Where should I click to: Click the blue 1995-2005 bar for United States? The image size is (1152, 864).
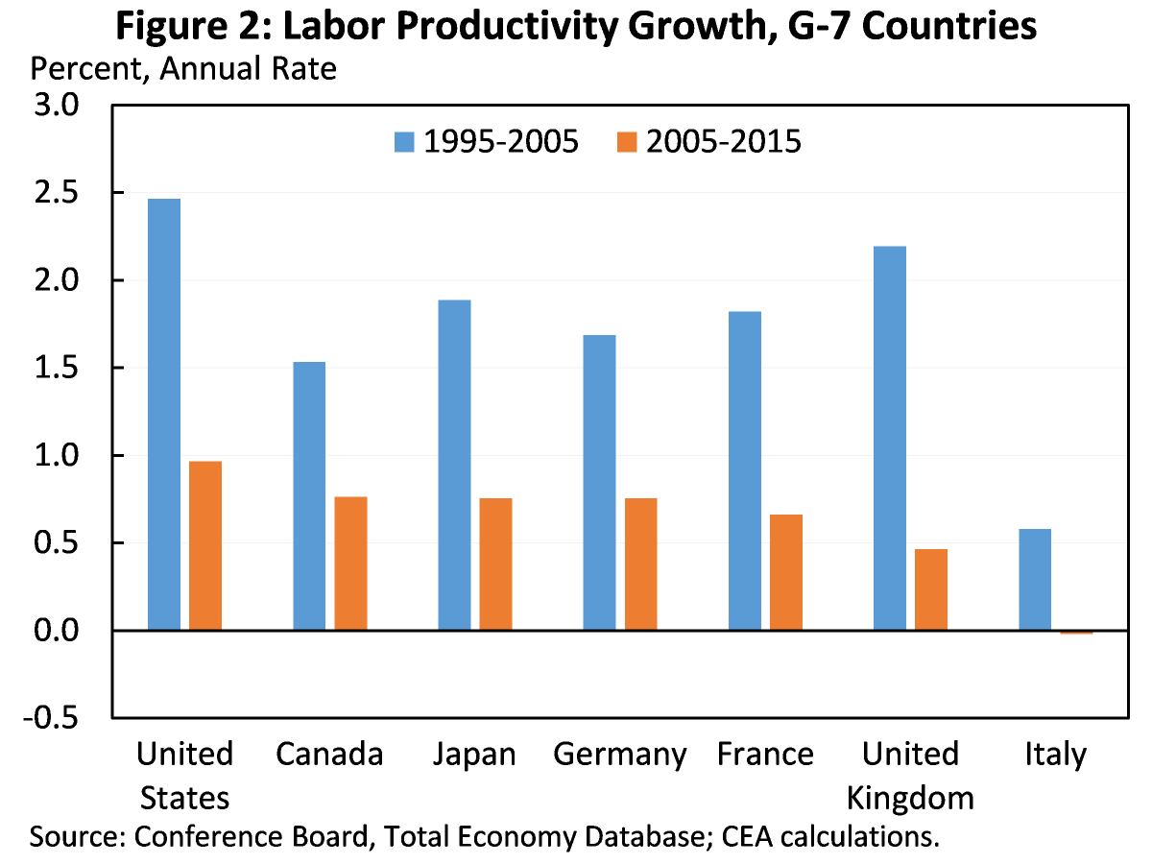pos(164,414)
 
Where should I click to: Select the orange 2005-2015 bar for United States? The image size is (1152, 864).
pos(205,545)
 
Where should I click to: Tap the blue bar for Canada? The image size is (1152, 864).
pos(309,495)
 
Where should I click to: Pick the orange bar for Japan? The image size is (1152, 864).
pos(495,564)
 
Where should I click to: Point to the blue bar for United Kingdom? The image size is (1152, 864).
pos(890,438)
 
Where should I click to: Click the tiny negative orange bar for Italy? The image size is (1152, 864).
pos(1076,633)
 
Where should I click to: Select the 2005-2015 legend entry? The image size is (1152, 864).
pos(708,142)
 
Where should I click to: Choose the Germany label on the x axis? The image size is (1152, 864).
pos(620,755)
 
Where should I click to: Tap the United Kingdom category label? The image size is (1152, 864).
pos(910,776)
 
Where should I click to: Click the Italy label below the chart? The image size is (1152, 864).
pos(1054,755)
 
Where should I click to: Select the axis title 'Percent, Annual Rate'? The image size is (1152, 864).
pos(184,69)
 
